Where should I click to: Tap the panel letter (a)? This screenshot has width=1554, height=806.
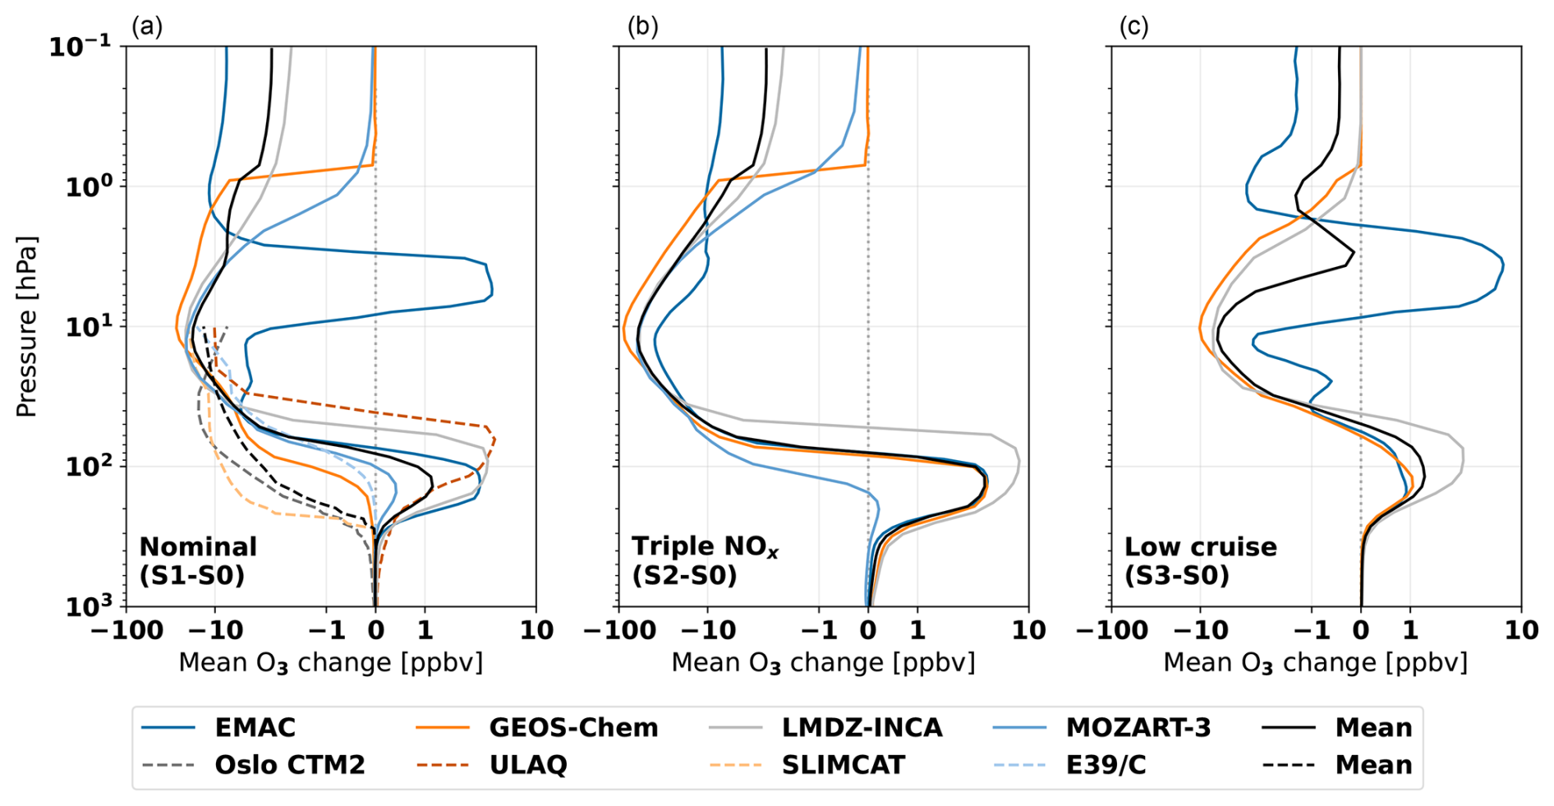147,27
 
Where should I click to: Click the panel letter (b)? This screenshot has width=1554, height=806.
642,27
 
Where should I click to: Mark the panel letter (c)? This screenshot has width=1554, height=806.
1133,27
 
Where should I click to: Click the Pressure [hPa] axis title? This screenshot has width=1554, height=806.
26,326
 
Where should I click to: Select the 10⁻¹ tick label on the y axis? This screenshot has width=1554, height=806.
80,46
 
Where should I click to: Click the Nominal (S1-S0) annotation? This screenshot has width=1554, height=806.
198,560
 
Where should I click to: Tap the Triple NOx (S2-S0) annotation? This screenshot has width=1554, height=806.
705,560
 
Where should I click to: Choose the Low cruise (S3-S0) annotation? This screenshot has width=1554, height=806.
1200,560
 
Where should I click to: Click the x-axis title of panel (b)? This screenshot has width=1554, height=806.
823,663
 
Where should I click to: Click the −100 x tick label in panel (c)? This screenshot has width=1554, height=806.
1111,630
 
